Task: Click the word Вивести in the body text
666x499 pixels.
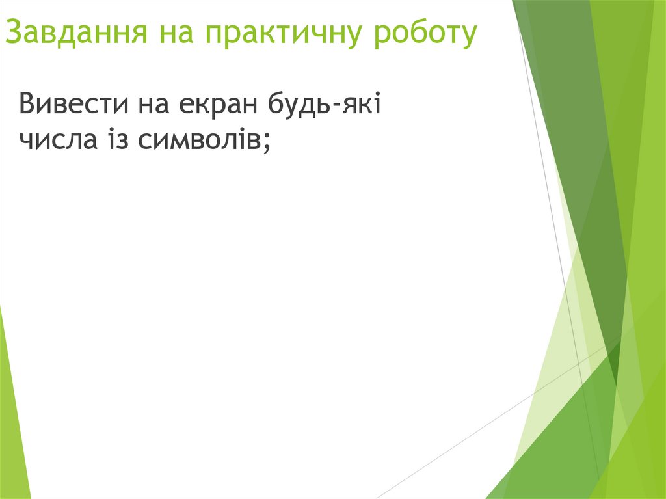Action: [72, 104]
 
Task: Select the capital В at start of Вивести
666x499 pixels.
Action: [27, 104]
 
